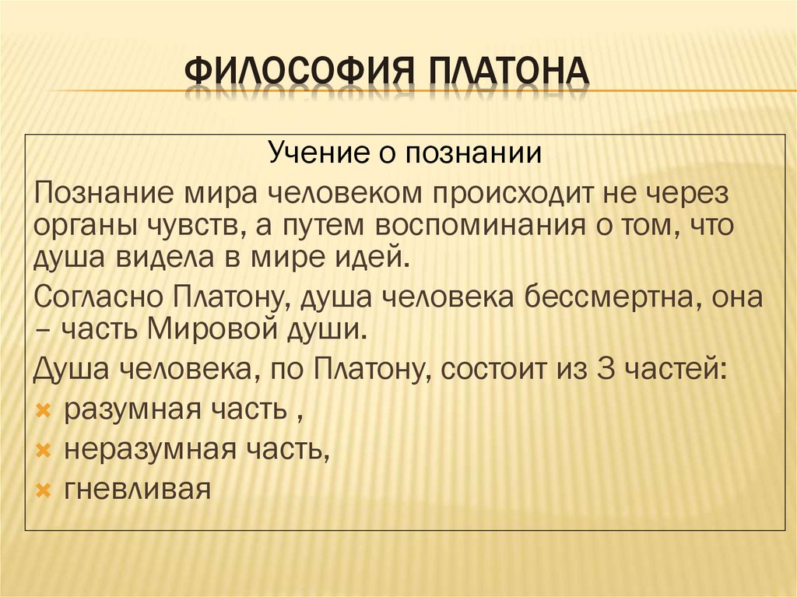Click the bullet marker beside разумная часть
(44, 409)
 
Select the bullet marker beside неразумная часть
(44, 450)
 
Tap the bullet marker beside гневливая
(44, 490)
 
